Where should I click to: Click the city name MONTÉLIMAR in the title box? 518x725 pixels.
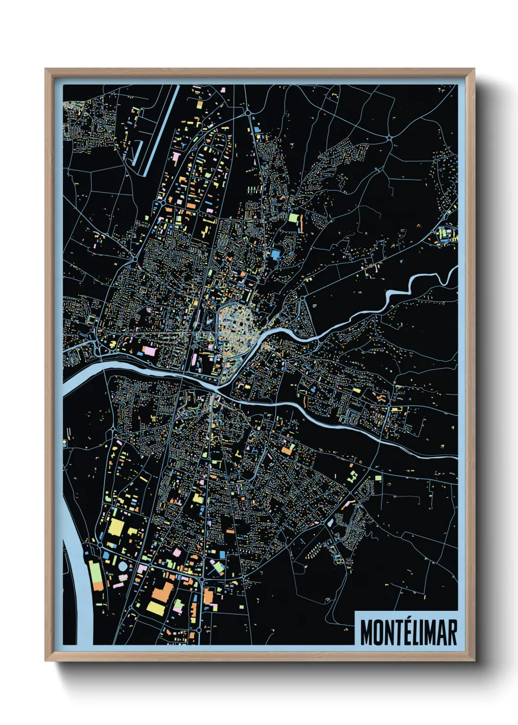pos(408,632)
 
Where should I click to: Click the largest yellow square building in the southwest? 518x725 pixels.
pos(117,527)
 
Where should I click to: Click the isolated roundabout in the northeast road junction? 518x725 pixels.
pos(389,138)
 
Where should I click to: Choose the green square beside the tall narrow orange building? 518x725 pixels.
pos(293,217)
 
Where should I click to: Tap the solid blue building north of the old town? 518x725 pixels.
pos(275,254)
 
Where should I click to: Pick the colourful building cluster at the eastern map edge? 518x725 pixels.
pos(447,234)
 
